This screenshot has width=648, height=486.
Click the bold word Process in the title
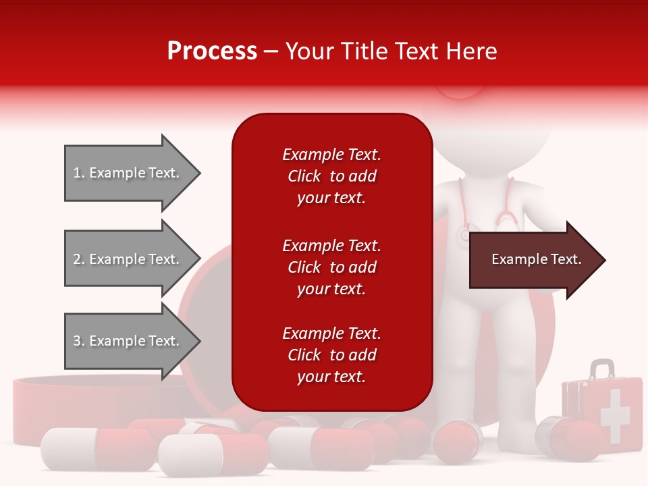coord(212,51)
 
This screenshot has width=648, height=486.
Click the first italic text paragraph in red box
coord(331,176)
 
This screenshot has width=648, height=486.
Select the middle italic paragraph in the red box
coord(331,267)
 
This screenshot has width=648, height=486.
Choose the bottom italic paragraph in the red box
coord(331,355)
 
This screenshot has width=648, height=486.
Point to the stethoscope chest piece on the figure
coord(464,234)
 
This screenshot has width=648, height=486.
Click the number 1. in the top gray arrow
coord(79,173)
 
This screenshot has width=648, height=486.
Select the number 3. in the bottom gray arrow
coord(79,341)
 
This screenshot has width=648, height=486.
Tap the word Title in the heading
coord(365,51)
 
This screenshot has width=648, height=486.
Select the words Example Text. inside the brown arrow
coord(536,259)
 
